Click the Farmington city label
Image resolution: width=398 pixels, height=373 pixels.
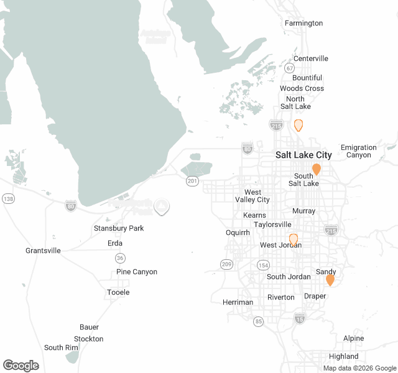point(303,23)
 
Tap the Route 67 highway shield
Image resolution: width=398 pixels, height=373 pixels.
point(290,68)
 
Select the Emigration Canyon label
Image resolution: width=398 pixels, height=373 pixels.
point(358,151)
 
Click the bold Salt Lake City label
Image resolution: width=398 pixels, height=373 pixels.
point(303,155)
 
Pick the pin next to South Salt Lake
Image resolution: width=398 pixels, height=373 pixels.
point(317,169)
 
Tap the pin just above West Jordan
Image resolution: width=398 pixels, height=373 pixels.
point(294,239)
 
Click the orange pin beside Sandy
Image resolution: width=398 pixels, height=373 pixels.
point(330,280)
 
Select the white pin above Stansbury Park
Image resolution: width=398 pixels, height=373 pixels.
point(162,206)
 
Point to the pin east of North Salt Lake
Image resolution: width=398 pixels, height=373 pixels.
point(298,125)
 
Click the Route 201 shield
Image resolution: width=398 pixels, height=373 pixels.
point(192,181)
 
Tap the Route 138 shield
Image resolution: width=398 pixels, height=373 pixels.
point(8,198)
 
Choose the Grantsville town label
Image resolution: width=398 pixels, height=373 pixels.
point(43,251)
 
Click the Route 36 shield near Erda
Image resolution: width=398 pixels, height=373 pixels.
point(119,257)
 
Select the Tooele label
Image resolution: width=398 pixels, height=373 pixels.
point(118,292)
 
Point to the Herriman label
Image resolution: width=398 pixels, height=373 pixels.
point(238,302)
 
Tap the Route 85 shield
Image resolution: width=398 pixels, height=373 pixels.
point(258,321)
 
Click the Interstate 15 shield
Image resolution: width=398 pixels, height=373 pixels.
point(300,318)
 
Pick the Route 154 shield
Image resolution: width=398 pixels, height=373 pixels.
point(263,265)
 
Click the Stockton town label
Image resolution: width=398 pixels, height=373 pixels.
point(88,339)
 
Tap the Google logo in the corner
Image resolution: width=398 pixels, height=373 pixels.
point(21,366)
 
